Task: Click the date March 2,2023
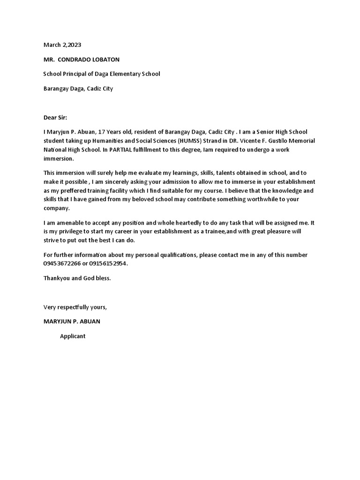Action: coord(62,45)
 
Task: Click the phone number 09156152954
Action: coord(109,263)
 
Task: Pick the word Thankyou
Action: coord(57,278)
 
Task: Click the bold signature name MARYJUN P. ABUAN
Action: coord(72,322)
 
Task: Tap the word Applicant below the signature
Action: coord(73,336)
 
